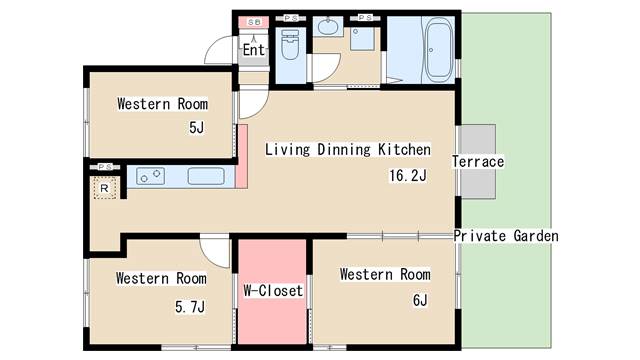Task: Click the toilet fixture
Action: (x=290, y=45)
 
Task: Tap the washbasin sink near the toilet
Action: (x=327, y=27)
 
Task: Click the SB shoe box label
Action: (x=253, y=22)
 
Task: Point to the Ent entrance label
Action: (x=253, y=50)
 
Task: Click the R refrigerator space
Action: (x=104, y=188)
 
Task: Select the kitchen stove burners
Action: (x=150, y=176)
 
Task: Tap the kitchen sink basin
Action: (x=206, y=176)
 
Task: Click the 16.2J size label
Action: (x=408, y=176)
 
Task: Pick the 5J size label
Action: (x=196, y=128)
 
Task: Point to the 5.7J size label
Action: (x=190, y=307)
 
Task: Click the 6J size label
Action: (x=420, y=300)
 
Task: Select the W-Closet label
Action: (x=273, y=291)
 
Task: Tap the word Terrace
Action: (x=478, y=162)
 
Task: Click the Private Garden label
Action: (x=506, y=236)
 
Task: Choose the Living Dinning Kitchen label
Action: (x=348, y=149)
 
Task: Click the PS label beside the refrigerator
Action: (x=105, y=167)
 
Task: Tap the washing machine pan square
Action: (x=362, y=38)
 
